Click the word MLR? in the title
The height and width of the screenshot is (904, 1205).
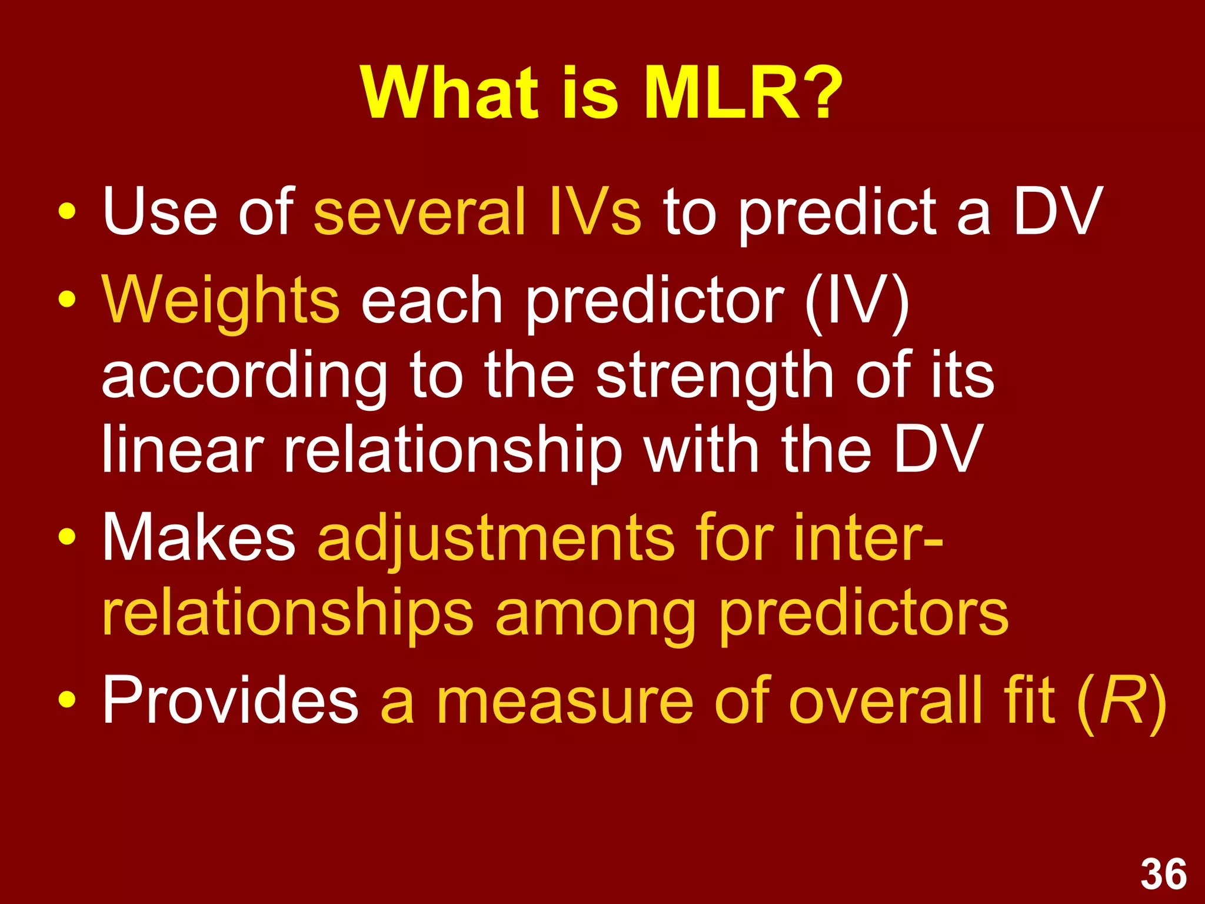tap(743, 93)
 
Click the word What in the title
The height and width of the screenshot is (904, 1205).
tap(450, 93)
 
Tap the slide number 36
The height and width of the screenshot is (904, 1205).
tap(1163, 875)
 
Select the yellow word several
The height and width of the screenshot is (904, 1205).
tap(420, 212)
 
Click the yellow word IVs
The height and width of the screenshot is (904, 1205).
tap(594, 212)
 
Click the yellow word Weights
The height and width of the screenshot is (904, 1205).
tap(221, 301)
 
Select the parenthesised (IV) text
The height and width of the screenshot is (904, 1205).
tap(856, 301)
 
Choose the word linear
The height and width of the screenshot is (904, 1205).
tap(182, 450)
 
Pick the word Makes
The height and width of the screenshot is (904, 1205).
tap(199, 537)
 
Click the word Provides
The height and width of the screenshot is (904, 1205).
tap(231, 700)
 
